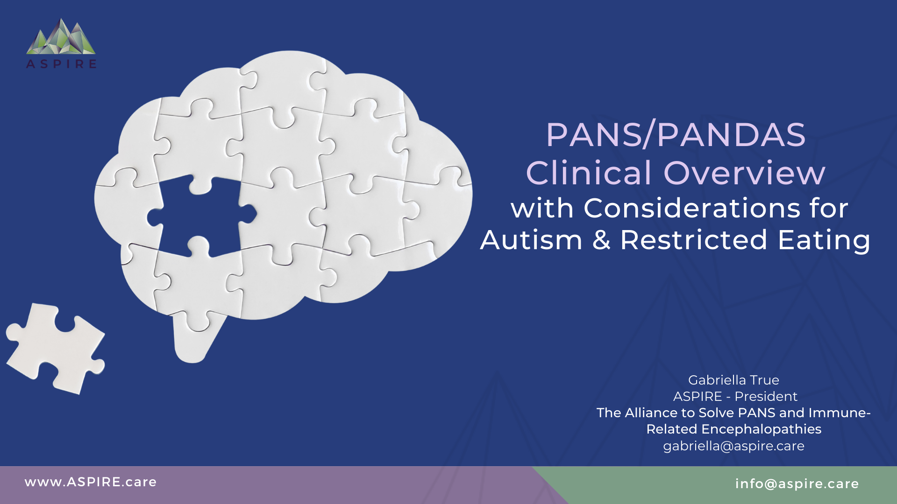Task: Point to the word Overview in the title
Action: click(x=745, y=173)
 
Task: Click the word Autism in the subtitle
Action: click(x=531, y=240)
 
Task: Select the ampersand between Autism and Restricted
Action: click(x=601, y=240)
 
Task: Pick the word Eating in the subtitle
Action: click(x=824, y=241)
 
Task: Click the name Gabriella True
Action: click(x=733, y=380)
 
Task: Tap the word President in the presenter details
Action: click(x=766, y=396)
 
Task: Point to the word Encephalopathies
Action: click(x=762, y=429)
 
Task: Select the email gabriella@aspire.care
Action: click(x=733, y=446)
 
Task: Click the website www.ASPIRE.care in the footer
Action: click(x=91, y=482)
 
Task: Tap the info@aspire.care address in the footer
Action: click(x=797, y=484)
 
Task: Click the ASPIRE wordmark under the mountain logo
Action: click(x=61, y=64)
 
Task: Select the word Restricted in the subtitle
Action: click(x=694, y=240)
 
